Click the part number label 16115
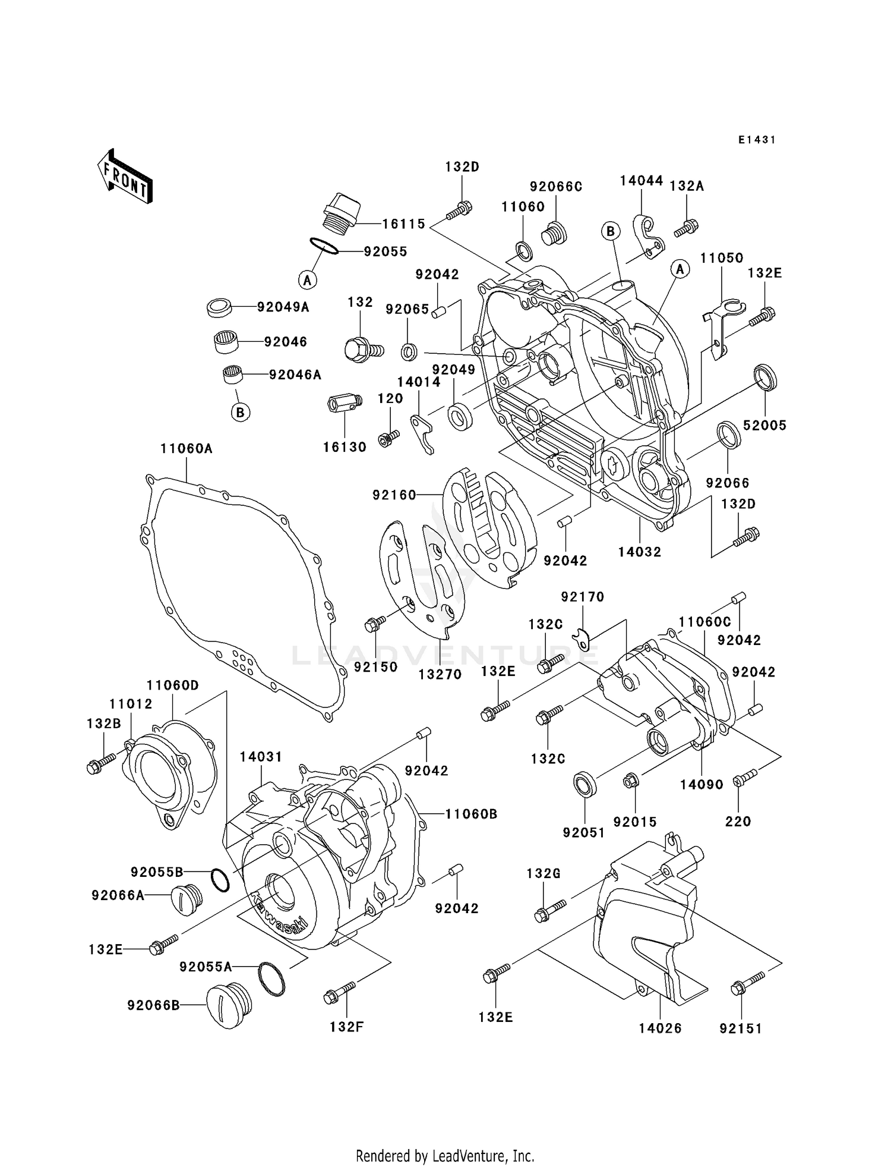[x=403, y=224]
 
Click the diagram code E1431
[x=757, y=140]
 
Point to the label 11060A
[x=186, y=449]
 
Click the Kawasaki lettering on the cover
[x=278, y=915]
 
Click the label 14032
[x=639, y=552]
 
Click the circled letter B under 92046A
[x=240, y=412]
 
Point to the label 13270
[x=440, y=674]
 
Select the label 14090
[x=702, y=785]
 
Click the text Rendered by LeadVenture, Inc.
[x=445, y=1156]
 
